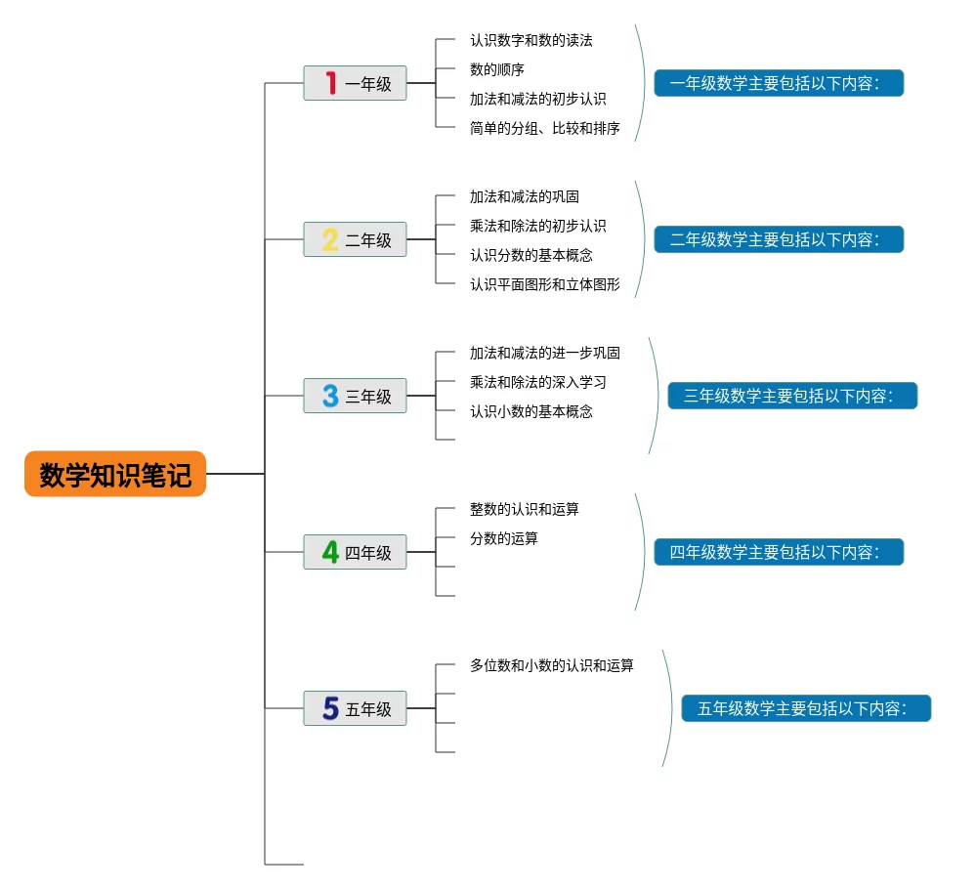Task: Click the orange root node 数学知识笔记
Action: click(115, 474)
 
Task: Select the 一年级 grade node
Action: click(356, 83)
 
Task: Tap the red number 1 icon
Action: click(331, 83)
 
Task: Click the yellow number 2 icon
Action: click(330, 239)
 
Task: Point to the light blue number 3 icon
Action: click(330, 396)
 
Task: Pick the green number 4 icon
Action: click(330, 552)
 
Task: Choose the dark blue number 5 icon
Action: click(330, 708)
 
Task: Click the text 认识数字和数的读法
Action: click(530, 40)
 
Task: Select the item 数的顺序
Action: click(496, 69)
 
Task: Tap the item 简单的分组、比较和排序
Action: click(544, 128)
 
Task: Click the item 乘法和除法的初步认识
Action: click(537, 226)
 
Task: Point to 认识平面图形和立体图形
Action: click(544, 284)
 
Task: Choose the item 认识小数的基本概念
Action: click(530, 411)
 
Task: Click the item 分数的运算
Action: click(503, 538)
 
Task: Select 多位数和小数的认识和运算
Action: click(551, 665)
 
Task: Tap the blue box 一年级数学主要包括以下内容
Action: click(779, 83)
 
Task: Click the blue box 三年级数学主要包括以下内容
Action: click(792, 396)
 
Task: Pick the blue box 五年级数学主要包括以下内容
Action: click(806, 708)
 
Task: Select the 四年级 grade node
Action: click(356, 552)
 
